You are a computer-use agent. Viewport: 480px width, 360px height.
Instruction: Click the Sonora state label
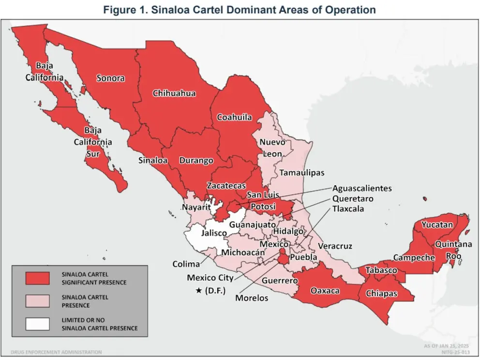pyautogui.click(x=110, y=78)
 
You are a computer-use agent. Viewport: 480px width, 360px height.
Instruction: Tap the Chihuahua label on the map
pyautogui.click(x=174, y=93)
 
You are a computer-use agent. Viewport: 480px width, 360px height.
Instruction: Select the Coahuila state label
pyautogui.click(x=234, y=117)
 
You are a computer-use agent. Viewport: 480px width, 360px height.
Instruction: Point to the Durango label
pyautogui.click(x=196, y=160)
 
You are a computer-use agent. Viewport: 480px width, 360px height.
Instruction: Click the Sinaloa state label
pyautogui.click(x=153, y=160)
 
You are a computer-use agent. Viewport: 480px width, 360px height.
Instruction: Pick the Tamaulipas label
pyautogui.click(x=301, y=172)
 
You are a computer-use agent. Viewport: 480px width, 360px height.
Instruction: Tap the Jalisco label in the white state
pyautogui.click(x=214, y=233)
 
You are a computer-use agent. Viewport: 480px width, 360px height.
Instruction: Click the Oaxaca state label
pyautogui.click(x=325, y=290)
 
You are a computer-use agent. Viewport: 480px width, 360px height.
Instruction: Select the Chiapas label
pyautogui.click(x=382, y=293)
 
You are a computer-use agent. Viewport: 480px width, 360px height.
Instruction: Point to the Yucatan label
pyautogui.click(x=437, y=224)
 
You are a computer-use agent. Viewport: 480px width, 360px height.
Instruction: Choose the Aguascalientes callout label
pyautogui.click(x=362, y=188)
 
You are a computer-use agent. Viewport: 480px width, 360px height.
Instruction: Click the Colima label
pyautogui.click(x=186, y=264)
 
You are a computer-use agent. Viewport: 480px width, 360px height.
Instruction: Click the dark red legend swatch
pyautogui.click(x=38, y=278)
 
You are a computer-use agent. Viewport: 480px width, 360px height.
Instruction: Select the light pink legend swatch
pyautogui.click(x=38, y=301)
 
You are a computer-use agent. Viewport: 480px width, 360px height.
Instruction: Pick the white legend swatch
pyautogui.click(x=38, y=324)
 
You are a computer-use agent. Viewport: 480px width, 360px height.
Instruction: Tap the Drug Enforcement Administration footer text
pyautogui.click(x=56, y=352)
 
